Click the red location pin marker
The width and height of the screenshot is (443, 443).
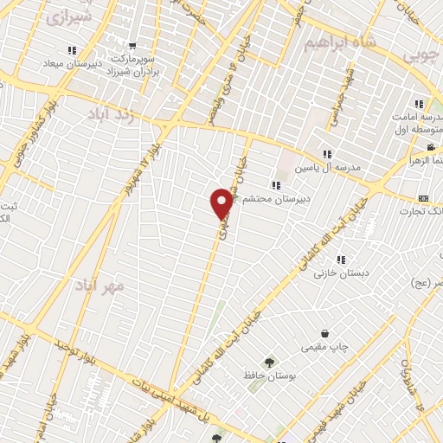pyautogui.click(x=221, y=203)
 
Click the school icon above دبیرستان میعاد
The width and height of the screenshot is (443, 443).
pyautogui.click(x=72, y=51)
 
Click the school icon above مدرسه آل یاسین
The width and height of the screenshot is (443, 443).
pyautogui.click(x=327, y=154)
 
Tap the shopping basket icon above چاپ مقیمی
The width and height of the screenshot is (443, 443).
pyautogui.click(x=324, y=334)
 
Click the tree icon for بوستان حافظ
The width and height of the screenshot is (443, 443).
pyautogui.click(x=270, y=363)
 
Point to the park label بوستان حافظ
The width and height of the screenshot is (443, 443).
pyautogui.click(x=269, y=377)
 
